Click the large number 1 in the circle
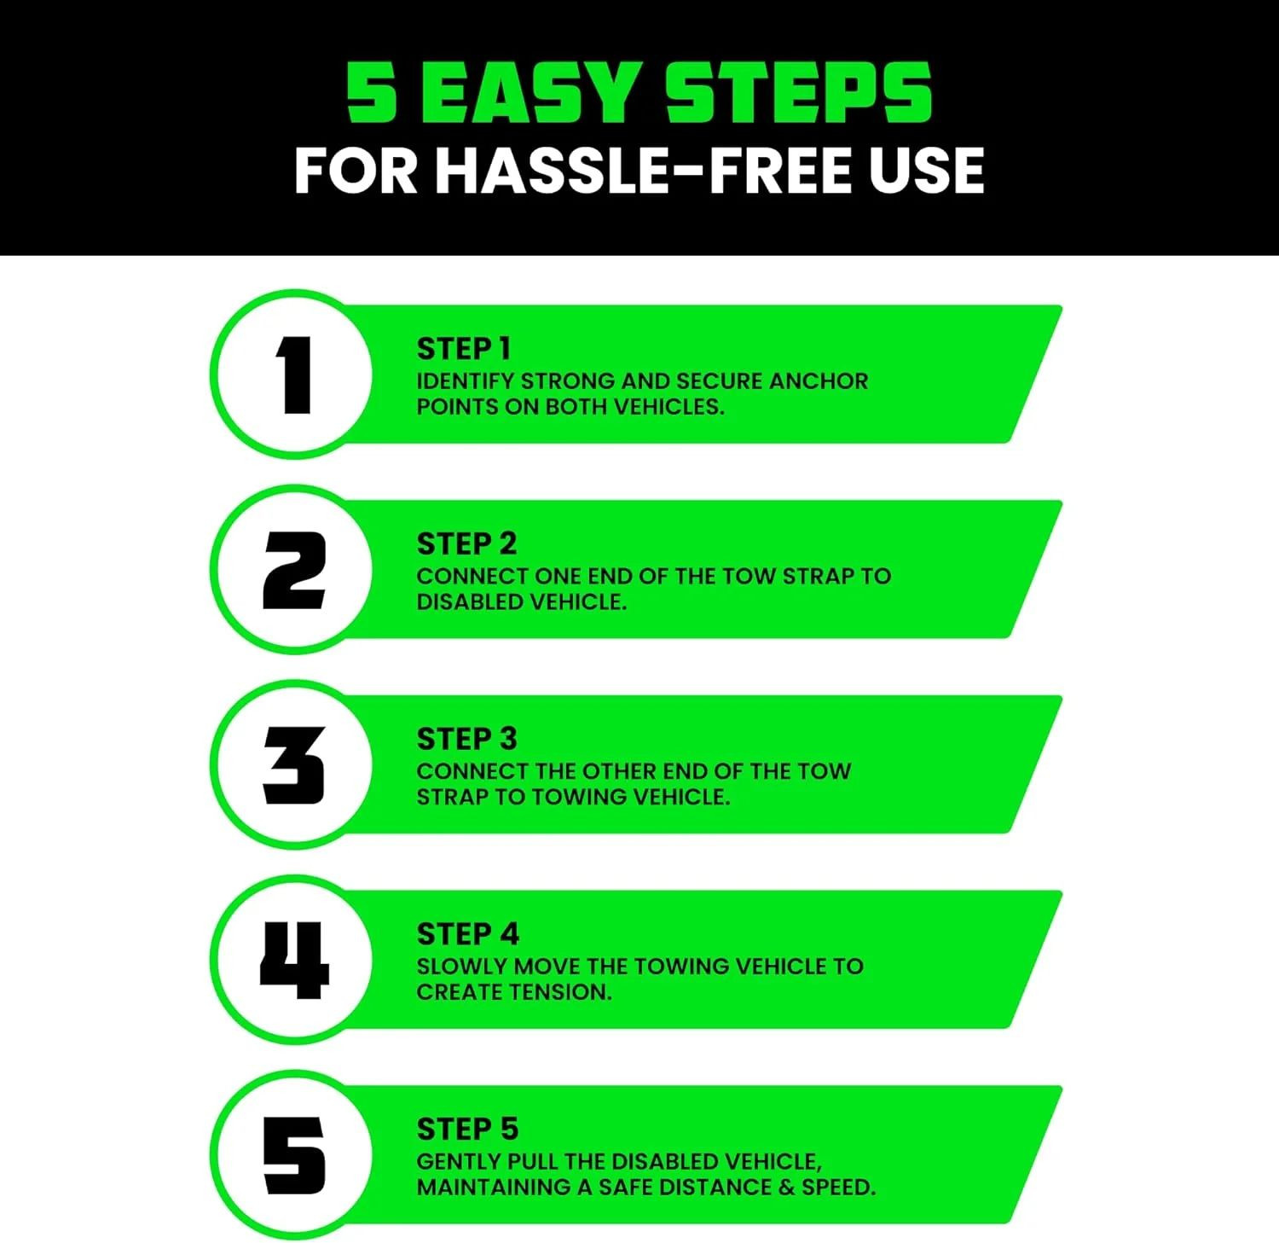[295, 375]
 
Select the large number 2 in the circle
[294, 570]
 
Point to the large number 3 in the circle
[294, 765]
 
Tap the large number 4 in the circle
[294, 960]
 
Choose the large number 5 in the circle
[294, 1155]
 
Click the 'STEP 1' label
[463, 349]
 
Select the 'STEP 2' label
[466, 543]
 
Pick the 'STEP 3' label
[466, 739]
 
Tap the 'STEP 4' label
[467, 934]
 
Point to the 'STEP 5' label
[467, 1129]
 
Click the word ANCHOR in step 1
[818, 380]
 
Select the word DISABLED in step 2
[470, 601]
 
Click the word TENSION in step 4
[563, 992]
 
